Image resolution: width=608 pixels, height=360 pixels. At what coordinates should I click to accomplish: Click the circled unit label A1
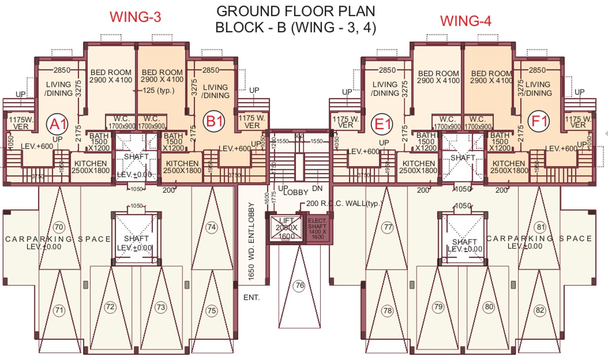pyautogui.click(x=57, y=123)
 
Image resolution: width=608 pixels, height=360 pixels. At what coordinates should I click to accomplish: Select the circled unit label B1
pyautogui.click(x=213, y=122)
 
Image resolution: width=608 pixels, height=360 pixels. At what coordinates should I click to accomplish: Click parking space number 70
pyautogui.click(x=59, y=227)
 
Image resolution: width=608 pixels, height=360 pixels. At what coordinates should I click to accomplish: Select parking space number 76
pyautogui.click(x=299, y=285)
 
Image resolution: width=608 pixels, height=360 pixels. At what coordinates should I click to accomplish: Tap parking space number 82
pyautogui.click(x=540, y=310)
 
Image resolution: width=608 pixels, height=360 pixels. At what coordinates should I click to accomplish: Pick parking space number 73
pyautogui.click(x=161, y=307)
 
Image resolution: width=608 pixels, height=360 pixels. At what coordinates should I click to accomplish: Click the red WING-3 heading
pyautogui.click(x=135, y=17)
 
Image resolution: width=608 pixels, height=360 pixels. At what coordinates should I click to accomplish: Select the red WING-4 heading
pyautogui.click(x=465, y=21)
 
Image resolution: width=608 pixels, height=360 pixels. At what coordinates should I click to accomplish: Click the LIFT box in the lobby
pyautogui.click(x=286, y=228)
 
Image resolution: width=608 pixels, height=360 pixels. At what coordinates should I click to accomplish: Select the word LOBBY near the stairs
pyautogui.click(x=296, y=192)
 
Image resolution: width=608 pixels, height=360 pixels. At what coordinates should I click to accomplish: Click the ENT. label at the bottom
pyautogui.click(x=251, y=298)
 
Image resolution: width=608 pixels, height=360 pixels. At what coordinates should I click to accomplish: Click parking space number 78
pyautogui.click(x=388, y=310)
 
